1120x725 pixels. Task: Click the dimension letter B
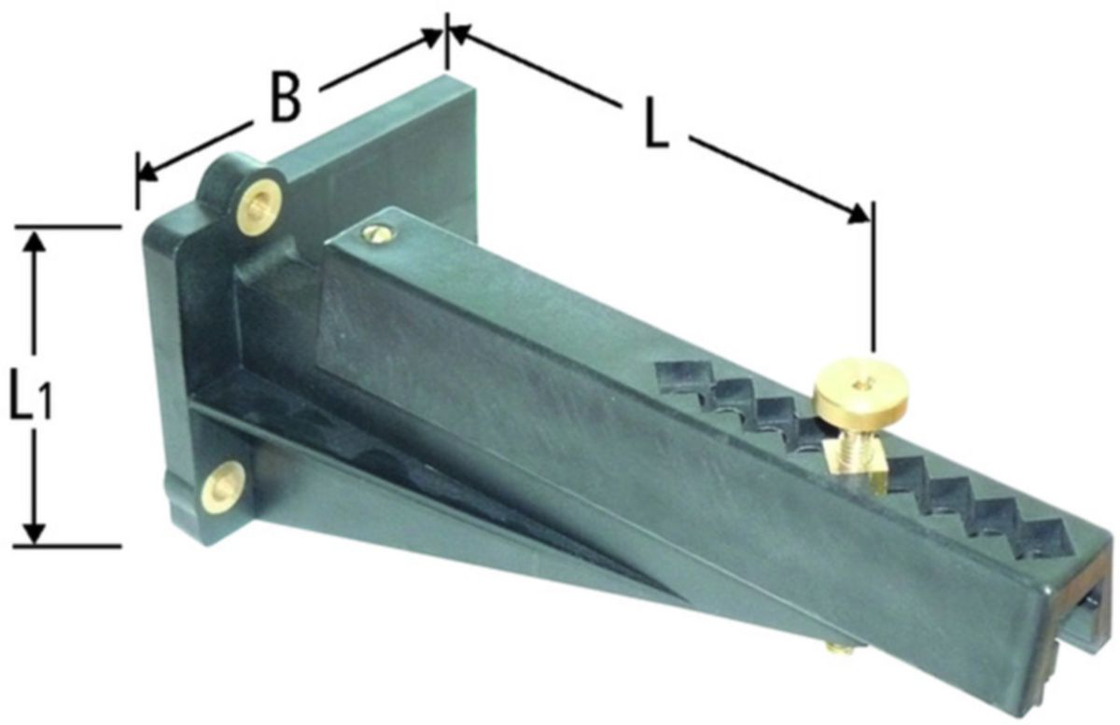coord(286,98)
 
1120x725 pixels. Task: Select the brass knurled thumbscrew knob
coord(851,394)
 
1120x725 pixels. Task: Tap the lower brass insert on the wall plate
coord(225,487)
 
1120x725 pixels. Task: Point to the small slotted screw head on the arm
coord(377,231)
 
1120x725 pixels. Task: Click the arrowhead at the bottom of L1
coord(35,532)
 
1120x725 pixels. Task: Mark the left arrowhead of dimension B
coord(148,173)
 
